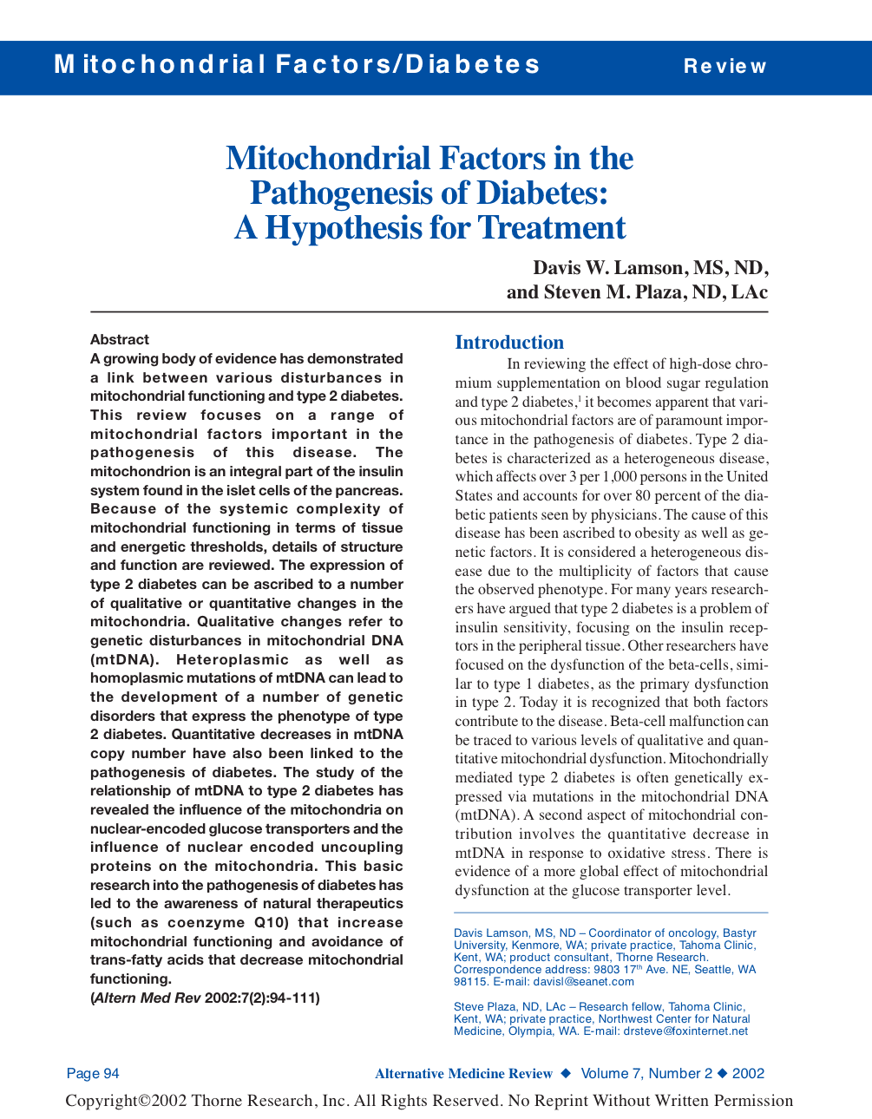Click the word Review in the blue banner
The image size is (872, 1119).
pos(724,67)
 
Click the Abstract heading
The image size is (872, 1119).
pos(120,340)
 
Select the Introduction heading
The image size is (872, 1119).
pos(509,343)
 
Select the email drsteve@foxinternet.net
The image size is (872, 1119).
pos(685,1031)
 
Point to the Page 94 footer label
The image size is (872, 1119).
pos(93,1074)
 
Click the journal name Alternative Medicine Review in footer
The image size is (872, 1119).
pos(463,1074)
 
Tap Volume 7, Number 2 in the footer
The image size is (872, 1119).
pos(646,1074)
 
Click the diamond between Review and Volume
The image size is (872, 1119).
pos(567,1074)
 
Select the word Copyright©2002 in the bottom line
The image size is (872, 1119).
pos(126,1101)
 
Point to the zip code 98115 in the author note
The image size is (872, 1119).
pos(470,982)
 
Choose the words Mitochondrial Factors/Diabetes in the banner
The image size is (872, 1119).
pos(297,65)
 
